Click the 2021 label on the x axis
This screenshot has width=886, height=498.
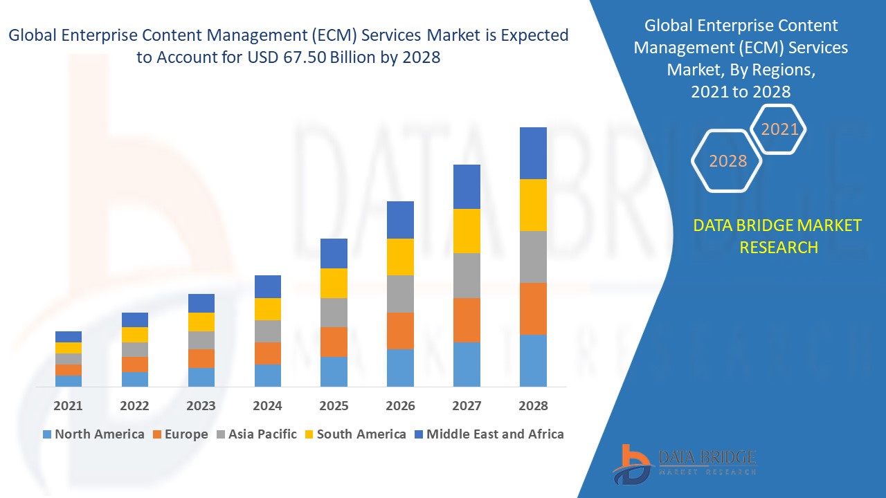coord(68,406)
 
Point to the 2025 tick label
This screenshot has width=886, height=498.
coord(334,406)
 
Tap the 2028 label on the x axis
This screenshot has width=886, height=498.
coord(533,406)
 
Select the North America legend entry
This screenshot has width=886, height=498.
coord(93,434)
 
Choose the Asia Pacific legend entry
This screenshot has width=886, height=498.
coord(257,434)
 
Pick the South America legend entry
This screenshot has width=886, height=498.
coord(354,434)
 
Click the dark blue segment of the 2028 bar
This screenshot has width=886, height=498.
coord(533,153)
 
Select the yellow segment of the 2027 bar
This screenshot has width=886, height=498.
coord(467,230)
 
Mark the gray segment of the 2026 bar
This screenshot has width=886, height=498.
coord(400,294)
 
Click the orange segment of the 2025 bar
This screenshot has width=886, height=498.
coord(334,342)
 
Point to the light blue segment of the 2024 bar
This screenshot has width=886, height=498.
coord(267,375)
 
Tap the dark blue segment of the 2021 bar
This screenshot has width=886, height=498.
coord(68,337)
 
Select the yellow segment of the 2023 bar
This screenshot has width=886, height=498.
coord(201,322)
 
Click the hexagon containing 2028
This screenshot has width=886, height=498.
coord(727,160)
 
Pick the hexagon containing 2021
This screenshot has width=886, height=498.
coord(779,129)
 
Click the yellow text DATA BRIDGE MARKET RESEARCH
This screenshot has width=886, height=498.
coord(777,236)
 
